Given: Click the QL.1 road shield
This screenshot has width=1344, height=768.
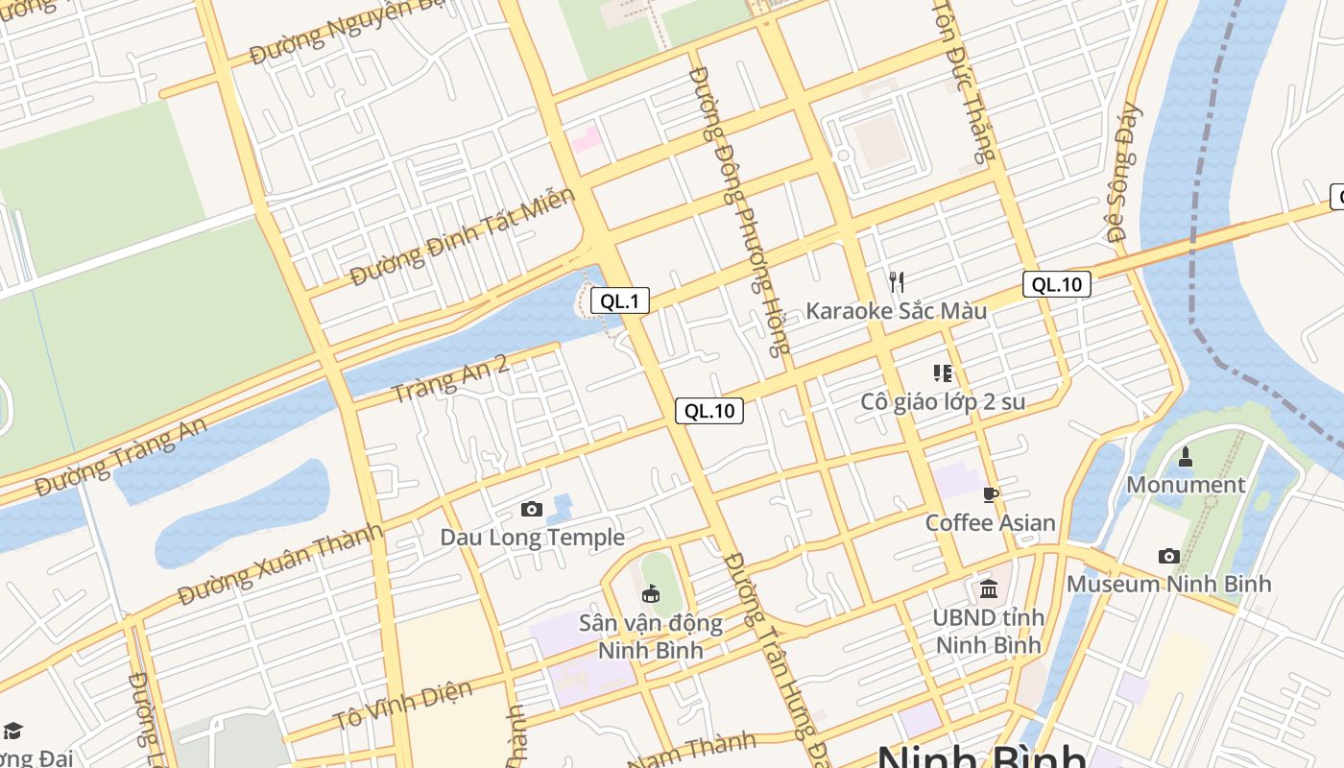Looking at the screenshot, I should pyautogui.click(x=619, y=301).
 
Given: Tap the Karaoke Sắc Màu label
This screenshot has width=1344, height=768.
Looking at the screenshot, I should pyautogui.click(x=896, y=311).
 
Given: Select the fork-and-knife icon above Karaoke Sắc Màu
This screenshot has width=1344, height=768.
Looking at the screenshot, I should pyautogui.click(x=897, y=281).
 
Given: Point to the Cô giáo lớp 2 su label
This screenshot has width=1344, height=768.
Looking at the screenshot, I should pyautogui.click(x=943, y=401).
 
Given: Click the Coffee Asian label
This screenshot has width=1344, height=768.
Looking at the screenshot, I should pyautogui.click(x=990, y=523).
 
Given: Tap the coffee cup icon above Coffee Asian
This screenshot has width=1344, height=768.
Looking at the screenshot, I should pyautogui.click(x=991, y=495).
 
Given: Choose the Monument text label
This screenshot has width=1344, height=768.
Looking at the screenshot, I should pyautogui.click(x=1185, y=485).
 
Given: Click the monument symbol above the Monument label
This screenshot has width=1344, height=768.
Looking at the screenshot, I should pyautogui.click(x=1186, y=457).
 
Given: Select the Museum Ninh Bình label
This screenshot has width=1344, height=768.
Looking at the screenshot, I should pyautogui.click(x=1168, y=584).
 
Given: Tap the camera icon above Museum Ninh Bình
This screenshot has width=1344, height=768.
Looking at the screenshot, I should pyautogui.click(x=1168, y=556).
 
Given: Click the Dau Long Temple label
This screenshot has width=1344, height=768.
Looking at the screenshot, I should pyautogui.click(x=532, y=537).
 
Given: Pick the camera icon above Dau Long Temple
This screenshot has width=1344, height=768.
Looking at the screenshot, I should pyautogui.click(x=531, y=509).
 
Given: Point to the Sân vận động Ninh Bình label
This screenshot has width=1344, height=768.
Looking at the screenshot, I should pyautogui.click(x=650, y=636).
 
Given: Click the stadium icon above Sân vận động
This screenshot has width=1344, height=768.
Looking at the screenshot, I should pyautogui.click(x=651, y=594).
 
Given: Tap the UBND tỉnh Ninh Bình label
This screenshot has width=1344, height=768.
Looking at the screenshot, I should pyautogui.click(x=989, y=631).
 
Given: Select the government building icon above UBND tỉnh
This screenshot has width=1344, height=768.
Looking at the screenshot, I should pyautogui.click(x=989, y=588).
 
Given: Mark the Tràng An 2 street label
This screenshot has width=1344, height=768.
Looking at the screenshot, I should pyautogui.click(x=450, y=378).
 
